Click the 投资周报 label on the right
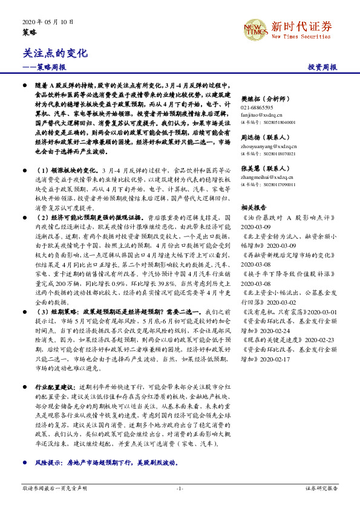(x=322, y=66)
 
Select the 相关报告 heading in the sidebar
(x=254, y=207)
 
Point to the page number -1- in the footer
(x=180, y=487)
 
